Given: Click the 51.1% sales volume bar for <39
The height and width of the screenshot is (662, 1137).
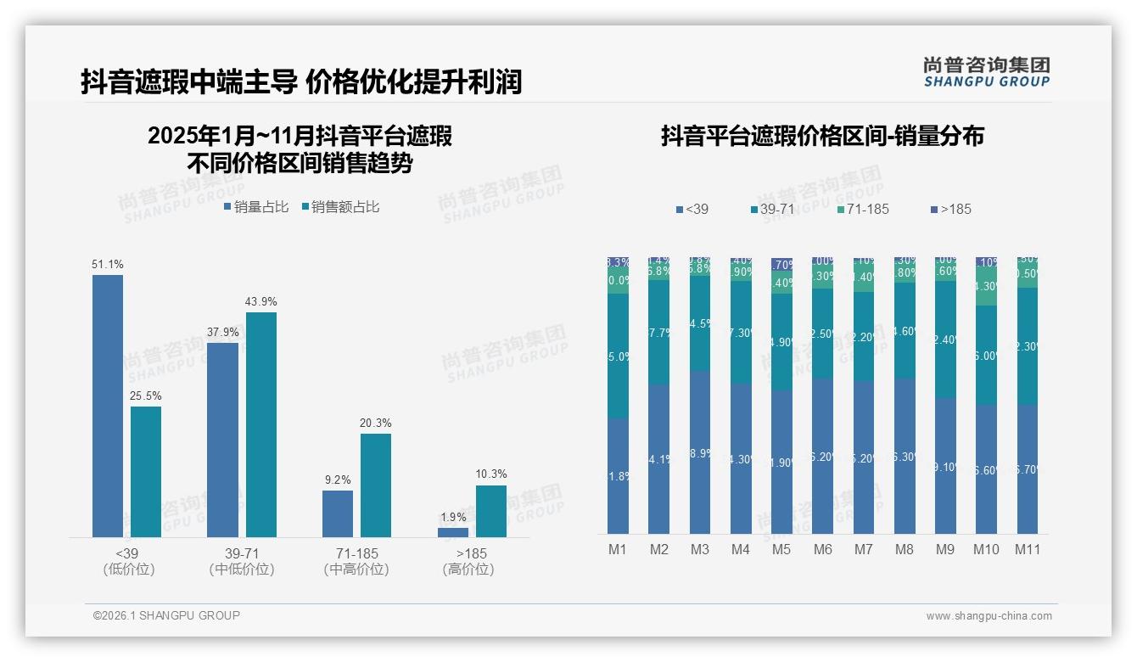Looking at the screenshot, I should (x=108, y=406).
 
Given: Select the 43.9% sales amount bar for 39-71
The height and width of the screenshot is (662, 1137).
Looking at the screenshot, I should (x=261, y=424).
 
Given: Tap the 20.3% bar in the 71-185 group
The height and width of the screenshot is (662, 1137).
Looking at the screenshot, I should (x=376, y=485).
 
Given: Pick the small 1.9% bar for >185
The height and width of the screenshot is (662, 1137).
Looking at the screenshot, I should (x=453, y=532).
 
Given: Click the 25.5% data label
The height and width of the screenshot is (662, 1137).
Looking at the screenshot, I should (x=146, y=396).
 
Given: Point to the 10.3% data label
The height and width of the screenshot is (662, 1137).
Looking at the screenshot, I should (x=491, y=474).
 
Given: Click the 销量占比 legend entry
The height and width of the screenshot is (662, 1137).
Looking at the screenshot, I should (x=256, y=207).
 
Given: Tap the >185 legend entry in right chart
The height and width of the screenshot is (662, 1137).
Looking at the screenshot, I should (x=950, y=209).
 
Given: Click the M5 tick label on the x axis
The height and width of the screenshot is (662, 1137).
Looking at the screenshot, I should (x=781, y=549).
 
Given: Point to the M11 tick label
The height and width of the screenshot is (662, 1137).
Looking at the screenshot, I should (x=1028, y=549).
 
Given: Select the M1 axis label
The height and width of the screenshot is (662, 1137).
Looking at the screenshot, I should (x=618, y=549).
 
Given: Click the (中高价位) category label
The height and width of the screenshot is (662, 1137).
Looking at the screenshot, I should (x=356, y=569).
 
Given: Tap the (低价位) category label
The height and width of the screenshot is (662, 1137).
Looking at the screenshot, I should (x=128, y=569).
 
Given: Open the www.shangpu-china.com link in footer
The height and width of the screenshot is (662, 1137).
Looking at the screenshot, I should (x=989, y=616).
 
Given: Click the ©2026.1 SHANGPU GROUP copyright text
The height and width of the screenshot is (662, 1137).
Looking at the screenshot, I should (x=166, y=615).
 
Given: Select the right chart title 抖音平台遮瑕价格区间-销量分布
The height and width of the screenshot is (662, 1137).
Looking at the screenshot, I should (x=822, y=137).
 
